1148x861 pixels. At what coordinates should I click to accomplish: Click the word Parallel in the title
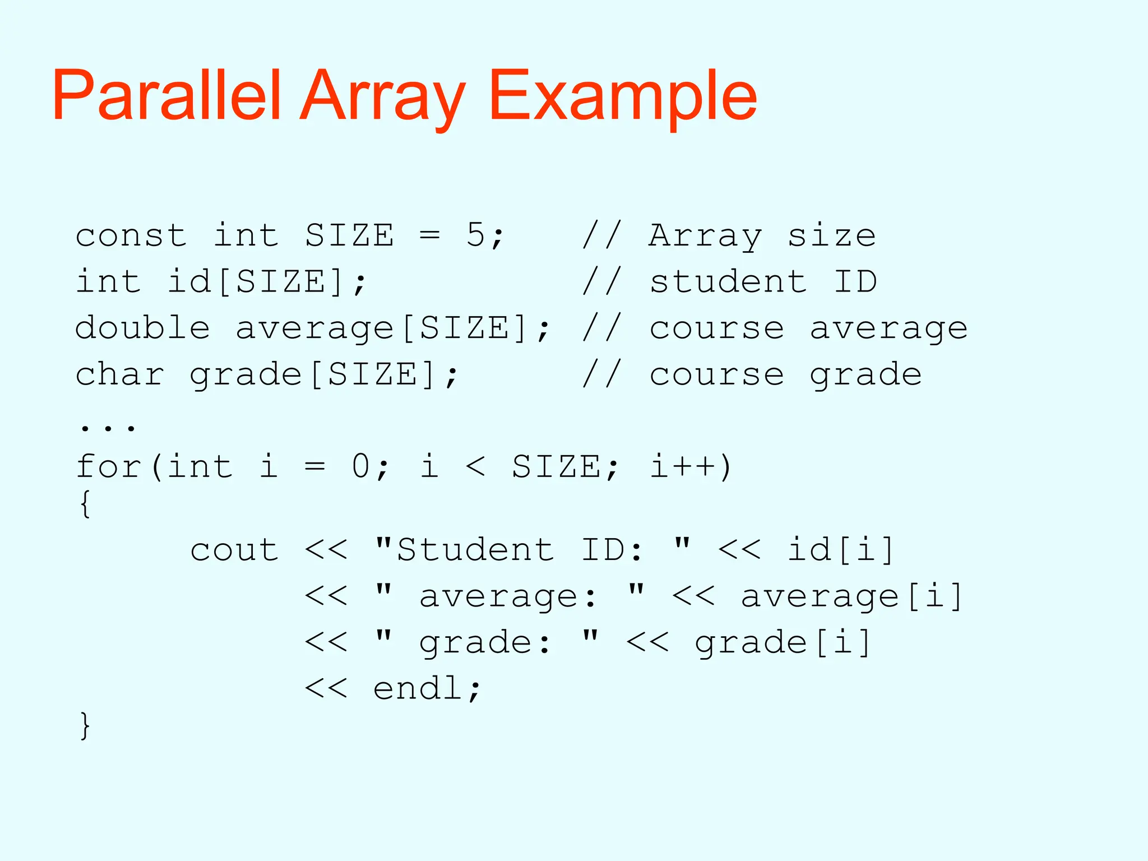(166, 95)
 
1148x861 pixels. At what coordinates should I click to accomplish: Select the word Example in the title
(623, 95)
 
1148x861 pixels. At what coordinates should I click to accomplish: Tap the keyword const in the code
(131, 235)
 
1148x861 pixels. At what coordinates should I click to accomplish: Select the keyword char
(120, 374)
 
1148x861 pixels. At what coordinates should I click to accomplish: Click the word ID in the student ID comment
(855, 281)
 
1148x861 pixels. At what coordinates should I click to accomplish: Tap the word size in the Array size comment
(832, 235)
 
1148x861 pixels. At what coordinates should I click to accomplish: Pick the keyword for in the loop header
(108, 466)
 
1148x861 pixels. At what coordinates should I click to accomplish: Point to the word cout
(234, 550)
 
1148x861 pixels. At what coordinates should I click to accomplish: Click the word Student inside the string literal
(475, 549)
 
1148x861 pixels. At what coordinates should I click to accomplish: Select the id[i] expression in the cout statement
(841, 549)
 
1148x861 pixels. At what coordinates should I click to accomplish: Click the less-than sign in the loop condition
(475, 466)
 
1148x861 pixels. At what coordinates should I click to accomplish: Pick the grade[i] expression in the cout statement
(783, 642)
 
